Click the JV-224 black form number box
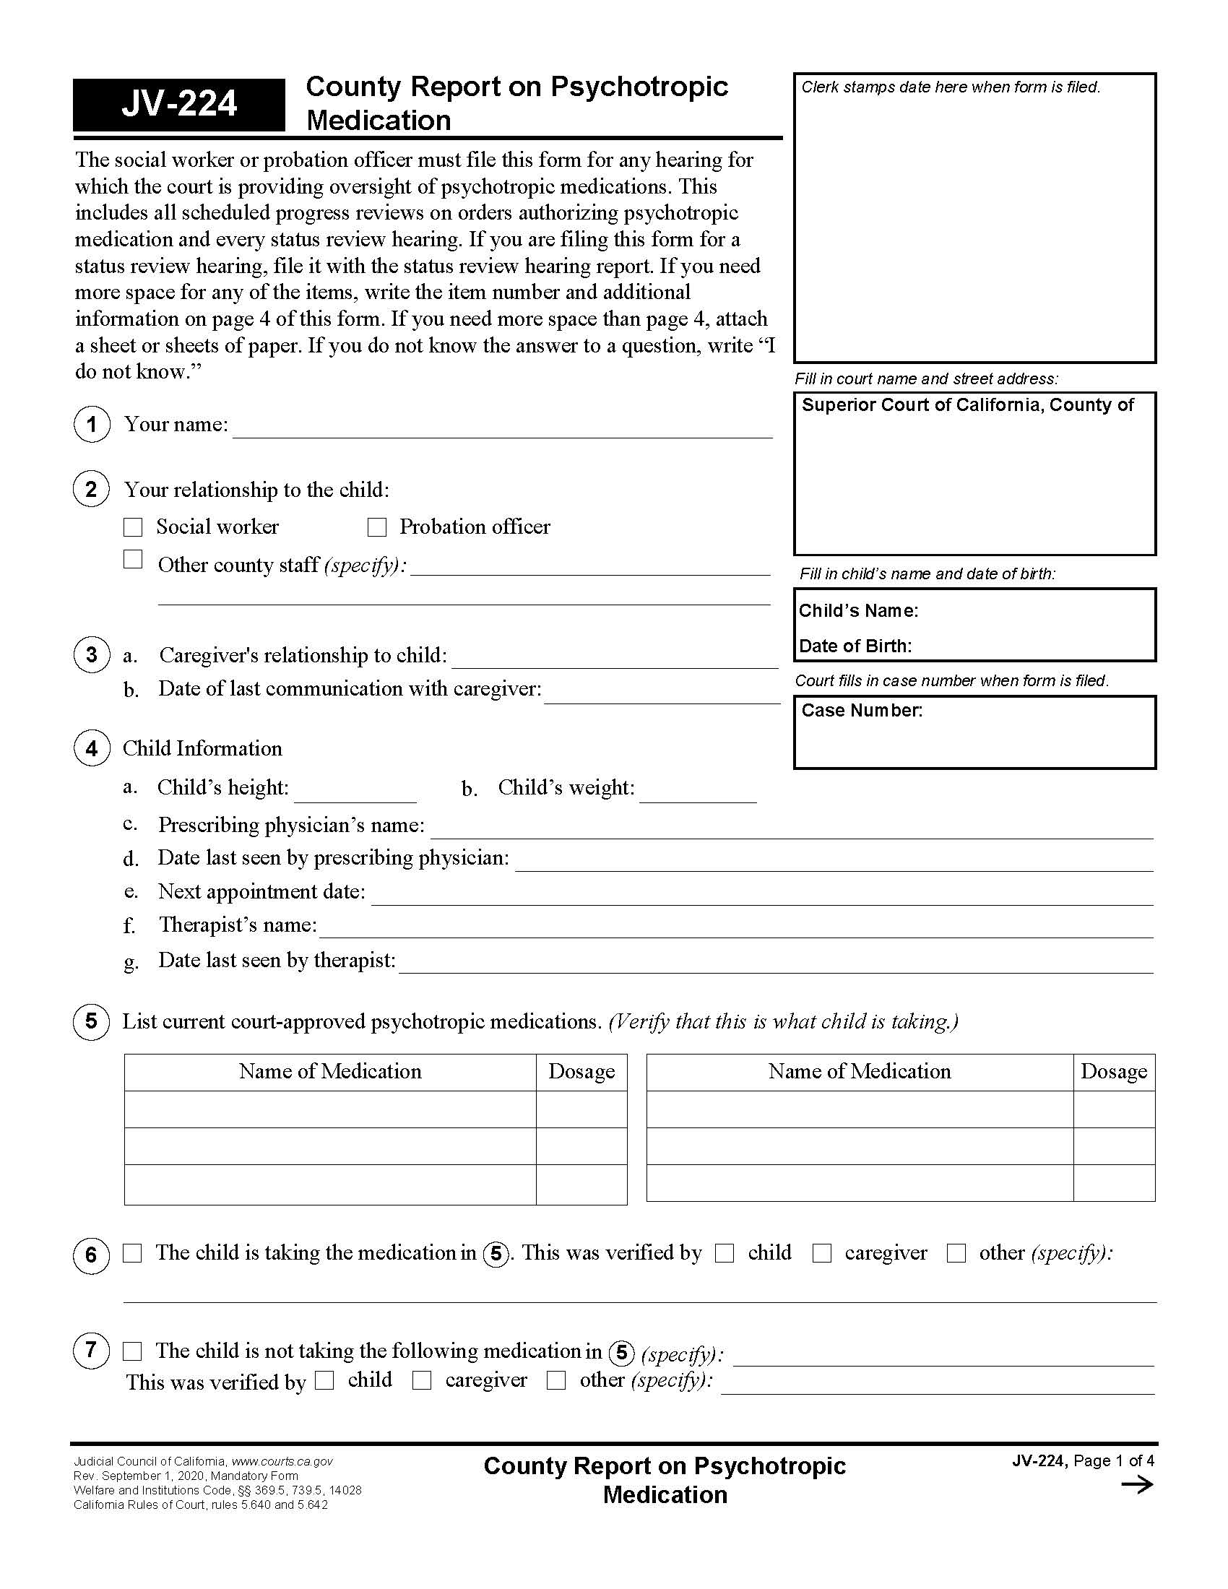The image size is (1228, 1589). pyautogui.click(x=179, y=104)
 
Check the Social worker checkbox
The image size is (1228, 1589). pyautogui.click(x=133, y=527)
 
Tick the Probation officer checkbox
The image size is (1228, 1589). pyautogui.click(x=376, y=527)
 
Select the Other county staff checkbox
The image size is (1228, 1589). pyautogui.click(x=133, y=559)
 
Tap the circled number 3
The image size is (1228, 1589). pyautogui.click(x=92, y=654)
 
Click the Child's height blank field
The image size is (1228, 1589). pyautogui.click(x=355, y=792)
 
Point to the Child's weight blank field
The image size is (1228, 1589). pyautogui.click(x=698, y=792)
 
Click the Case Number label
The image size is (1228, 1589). pyautogui.click(x=861, y=710)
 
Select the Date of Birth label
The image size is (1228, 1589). pyautogui.click(x=855, y=646)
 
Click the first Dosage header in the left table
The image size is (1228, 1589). pyautogui.click(x=581, y=1071)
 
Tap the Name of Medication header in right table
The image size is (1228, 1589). pyautogui.click(x=859, y=1071)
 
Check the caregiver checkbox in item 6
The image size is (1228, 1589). pyautogui.click(x=822, y=1253)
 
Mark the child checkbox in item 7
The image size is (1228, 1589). pyautogui.click(x=324, y=1380)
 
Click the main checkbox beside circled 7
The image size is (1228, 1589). pyautogui.click(x=132, y=1351)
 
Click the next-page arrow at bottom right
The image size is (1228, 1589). pyautogui.click(x=1137, y=1484)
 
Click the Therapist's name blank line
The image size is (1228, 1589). pyautogui.click(x=735, y=928)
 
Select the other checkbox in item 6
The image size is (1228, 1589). pyautogui.click(x=956, y=1253)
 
